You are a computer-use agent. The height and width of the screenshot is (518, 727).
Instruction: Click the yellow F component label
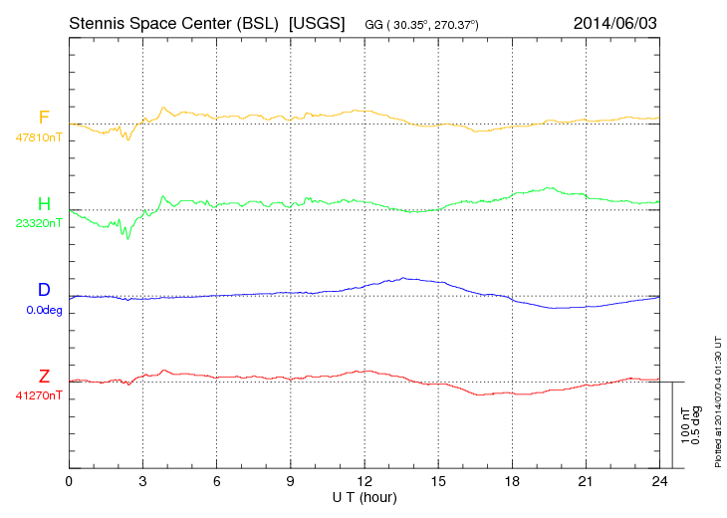(x=44, y=118)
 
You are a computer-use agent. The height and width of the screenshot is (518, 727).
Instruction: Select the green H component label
(x=44, y=204)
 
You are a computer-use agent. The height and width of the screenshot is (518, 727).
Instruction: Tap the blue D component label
(x=44, y=290)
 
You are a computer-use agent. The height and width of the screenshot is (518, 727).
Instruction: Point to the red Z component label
(x=44, y=376)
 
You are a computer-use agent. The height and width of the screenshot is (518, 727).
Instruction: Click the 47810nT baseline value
(x=39, y=137)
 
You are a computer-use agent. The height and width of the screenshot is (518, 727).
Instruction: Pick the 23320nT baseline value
(x=39, y=223)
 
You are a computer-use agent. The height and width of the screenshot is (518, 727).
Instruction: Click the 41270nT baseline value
(x=39, y=395)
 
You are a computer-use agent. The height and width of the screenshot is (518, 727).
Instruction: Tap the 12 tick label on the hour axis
(x=364, y=482)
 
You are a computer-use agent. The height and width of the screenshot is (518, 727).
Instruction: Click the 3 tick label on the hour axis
(x=142, y=482)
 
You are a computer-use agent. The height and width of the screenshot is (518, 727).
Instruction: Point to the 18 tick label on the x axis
(x=512, y=482)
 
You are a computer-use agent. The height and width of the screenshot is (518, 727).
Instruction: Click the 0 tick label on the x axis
(x=69, y=482)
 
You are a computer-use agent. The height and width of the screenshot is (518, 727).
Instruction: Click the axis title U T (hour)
(x=364, y=496)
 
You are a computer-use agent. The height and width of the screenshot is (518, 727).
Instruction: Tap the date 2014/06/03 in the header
(x=614, y=22)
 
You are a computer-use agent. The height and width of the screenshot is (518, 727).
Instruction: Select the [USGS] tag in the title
(x=316, y=22)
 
